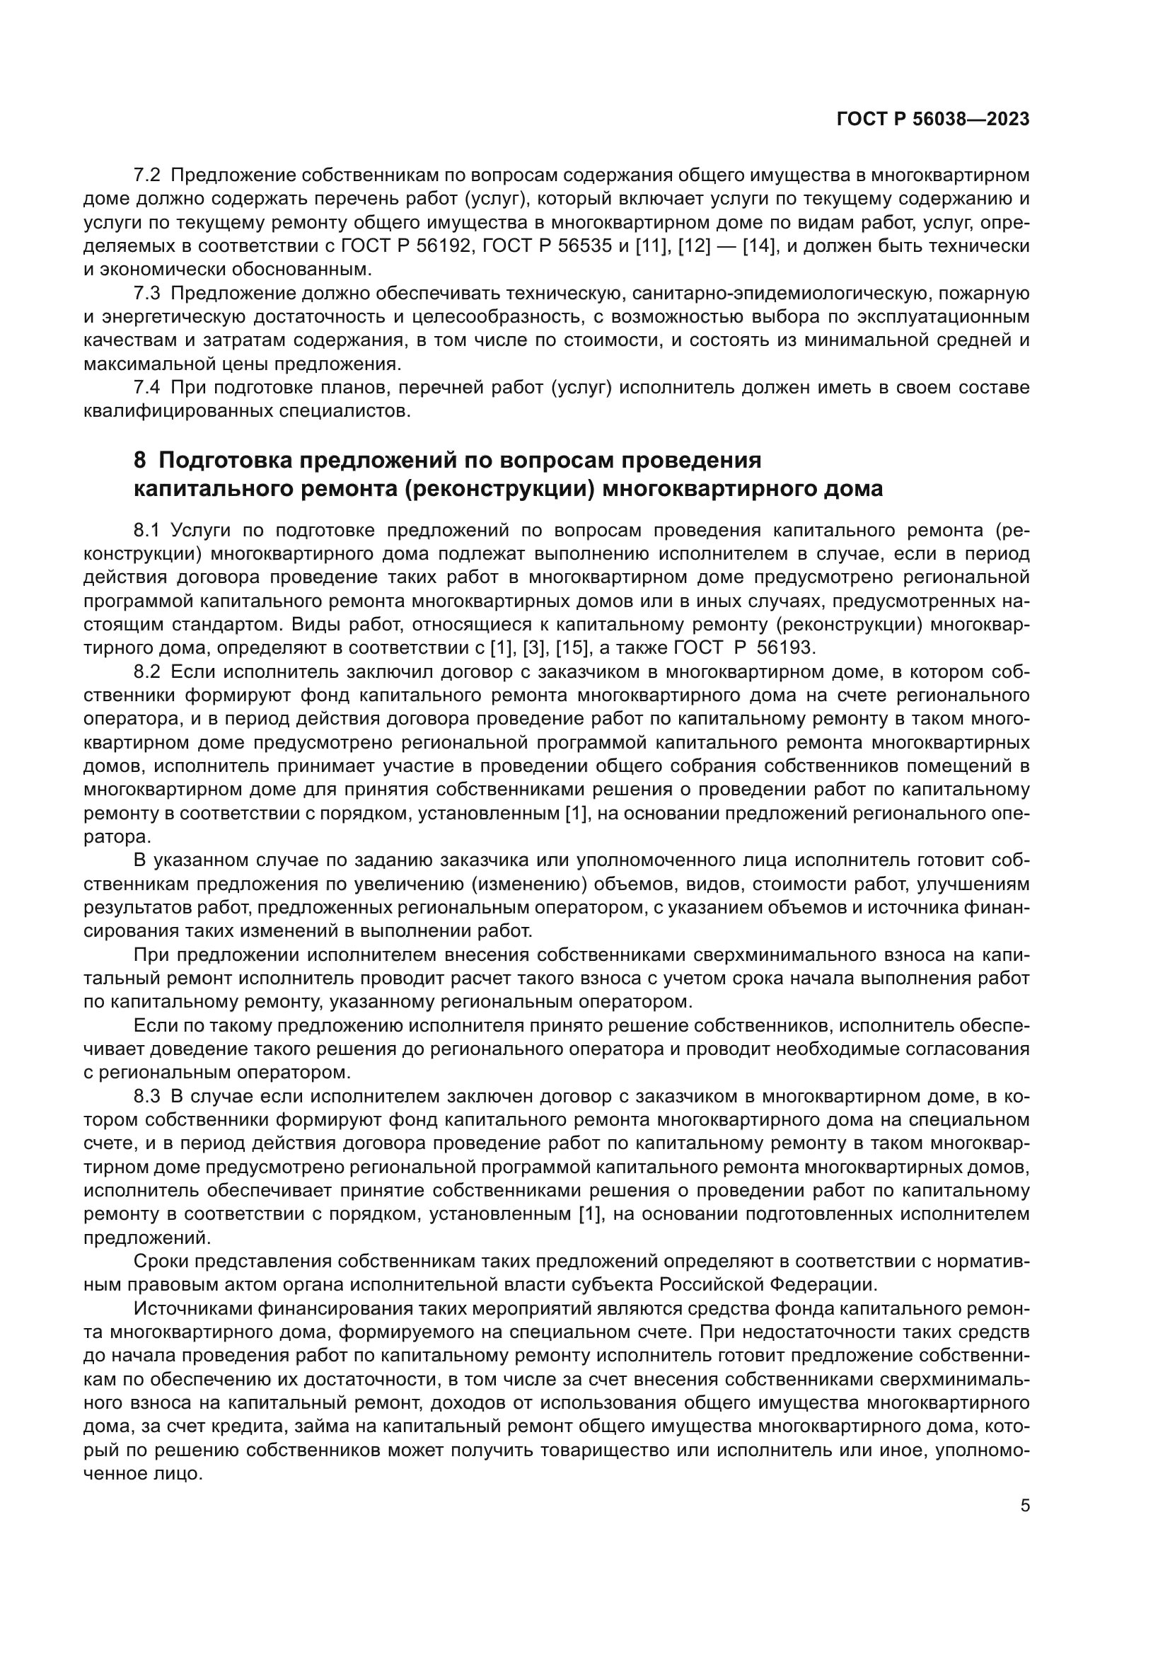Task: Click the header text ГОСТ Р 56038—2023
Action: point(933,120)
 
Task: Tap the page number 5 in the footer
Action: point(1025,1506)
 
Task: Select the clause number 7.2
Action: point(149,175)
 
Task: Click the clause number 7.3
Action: point(149,294)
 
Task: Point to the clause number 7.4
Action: point(149,388)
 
